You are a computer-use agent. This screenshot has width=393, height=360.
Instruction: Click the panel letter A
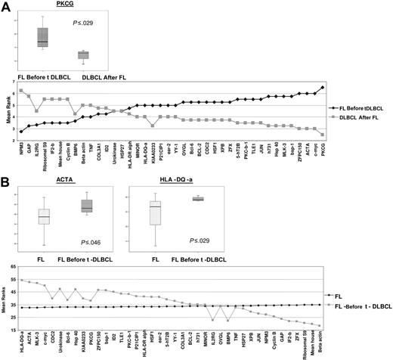click(6, 7)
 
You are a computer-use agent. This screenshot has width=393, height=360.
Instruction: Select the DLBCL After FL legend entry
click(356, 124)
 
